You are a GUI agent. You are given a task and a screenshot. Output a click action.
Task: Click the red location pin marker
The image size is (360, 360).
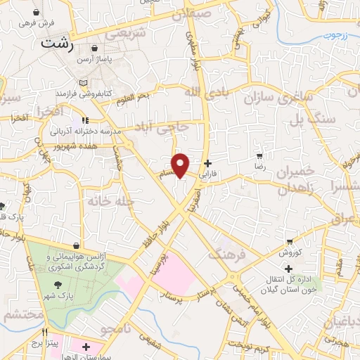[181, 164]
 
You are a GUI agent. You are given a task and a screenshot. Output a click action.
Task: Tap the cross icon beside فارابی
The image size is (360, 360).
[207, 162]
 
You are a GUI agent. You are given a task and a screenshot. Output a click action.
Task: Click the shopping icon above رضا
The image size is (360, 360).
[259, 155]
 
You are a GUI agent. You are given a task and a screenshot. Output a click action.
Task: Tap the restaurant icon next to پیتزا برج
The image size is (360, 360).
[44, 332]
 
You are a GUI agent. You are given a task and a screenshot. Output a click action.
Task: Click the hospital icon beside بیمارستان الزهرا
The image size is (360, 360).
[86, 347]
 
